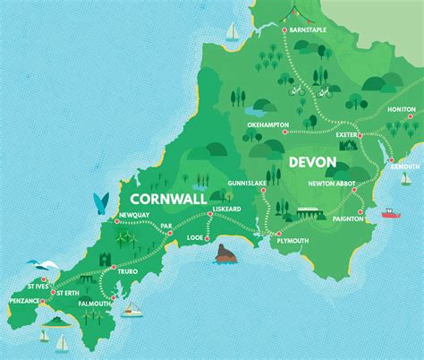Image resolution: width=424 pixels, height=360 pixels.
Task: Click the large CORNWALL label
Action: click(x=168, y=198)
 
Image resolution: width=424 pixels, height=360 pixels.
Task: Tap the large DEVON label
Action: click(x=312, y=163)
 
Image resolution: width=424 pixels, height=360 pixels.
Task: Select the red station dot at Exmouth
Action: click(x=391, y=159)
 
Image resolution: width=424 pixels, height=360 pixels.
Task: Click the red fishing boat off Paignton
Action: click(x=391, y=213)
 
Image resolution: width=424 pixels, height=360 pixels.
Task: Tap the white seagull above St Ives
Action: click(x=36, y=262)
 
